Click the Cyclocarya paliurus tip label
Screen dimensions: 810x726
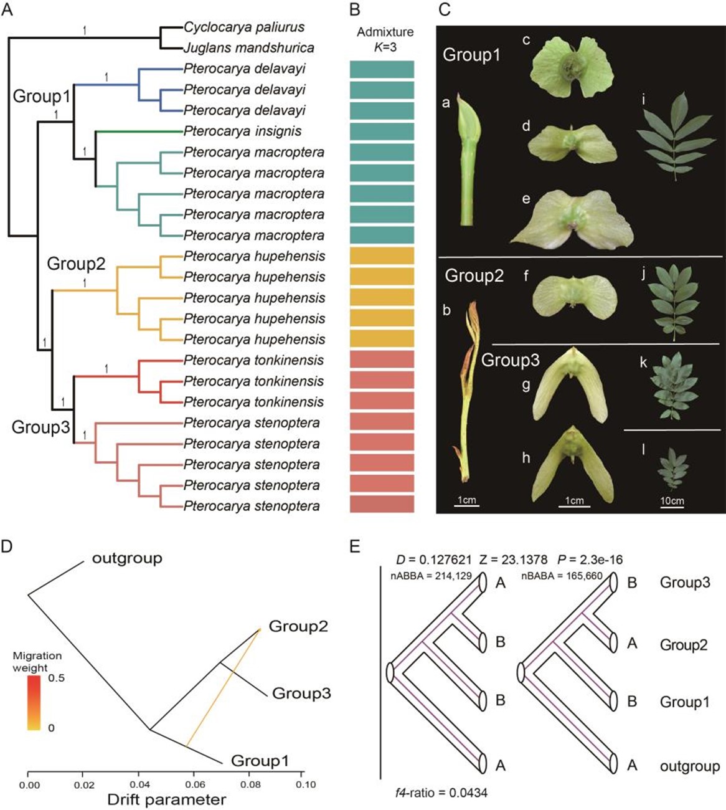click(244, 27)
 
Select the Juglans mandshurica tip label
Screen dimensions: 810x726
click(248, 48)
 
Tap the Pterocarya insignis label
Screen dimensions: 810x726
click(242, 131)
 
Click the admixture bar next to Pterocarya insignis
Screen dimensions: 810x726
click(382, 131)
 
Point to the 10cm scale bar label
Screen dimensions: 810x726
click(672, 501)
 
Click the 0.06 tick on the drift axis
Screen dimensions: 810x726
click(195, 784)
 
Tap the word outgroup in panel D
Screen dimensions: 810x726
click(127, 558)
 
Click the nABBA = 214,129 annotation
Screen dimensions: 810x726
click(423, 576)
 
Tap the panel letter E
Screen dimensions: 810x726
click(356, 547)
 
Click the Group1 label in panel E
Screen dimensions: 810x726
click(684, 702)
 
